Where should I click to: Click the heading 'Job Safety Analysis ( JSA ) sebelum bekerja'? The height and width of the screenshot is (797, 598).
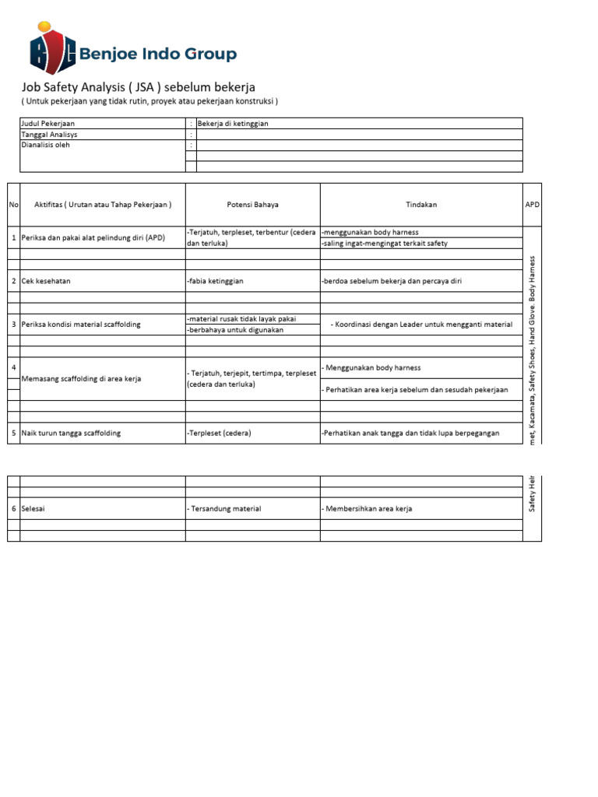pos(138,87)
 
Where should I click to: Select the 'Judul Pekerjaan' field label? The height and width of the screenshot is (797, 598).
pos(48,124)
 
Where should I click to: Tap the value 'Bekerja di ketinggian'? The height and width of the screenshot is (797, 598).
pos(233,124)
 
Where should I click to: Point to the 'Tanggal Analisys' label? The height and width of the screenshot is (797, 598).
pos(49,135)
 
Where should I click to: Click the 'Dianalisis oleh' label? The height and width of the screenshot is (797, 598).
pos(45,145)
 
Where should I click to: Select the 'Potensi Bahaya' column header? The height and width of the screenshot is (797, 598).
pos(252,205)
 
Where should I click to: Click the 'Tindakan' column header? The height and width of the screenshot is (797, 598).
pos(421,205)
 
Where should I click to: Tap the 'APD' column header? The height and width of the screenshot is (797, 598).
pos(532,205)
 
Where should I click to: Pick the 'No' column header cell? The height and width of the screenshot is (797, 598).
pos(13,205)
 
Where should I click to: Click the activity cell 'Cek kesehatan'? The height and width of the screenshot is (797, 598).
pos(46,281)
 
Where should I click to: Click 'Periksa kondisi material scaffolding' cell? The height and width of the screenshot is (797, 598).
pos(81,324)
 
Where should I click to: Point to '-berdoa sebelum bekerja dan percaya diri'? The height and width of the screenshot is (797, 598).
pos(392,281)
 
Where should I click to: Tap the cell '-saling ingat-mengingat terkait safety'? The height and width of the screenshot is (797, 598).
pos(385,244)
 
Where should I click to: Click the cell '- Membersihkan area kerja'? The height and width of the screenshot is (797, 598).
pos(367,508)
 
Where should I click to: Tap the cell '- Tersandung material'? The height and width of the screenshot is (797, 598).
pos(224,508)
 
